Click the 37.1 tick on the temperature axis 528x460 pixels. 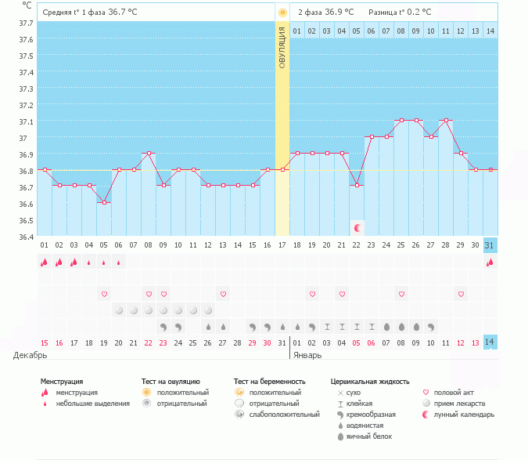(x=27, y=121)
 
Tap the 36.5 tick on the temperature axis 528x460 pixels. (x=27, y=204)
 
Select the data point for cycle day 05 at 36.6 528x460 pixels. (x=104, y=202)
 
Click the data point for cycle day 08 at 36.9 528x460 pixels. (x=149, y=154)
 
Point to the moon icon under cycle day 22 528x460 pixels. (x=357, y=227)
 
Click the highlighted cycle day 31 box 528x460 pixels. (x=490, y=244)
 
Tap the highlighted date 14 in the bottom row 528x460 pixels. (x=490, y=342)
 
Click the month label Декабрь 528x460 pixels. (x=31, y=355)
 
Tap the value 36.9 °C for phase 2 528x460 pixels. (x=339, y=13)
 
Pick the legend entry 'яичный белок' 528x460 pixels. (x=368, y=436)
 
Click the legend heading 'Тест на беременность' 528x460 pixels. (x=269, y=382)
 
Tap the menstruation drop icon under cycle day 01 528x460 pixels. (x=45, y=263)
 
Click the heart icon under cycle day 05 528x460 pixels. (x=104, y=294)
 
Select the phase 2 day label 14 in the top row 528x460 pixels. (x=490, y=31)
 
